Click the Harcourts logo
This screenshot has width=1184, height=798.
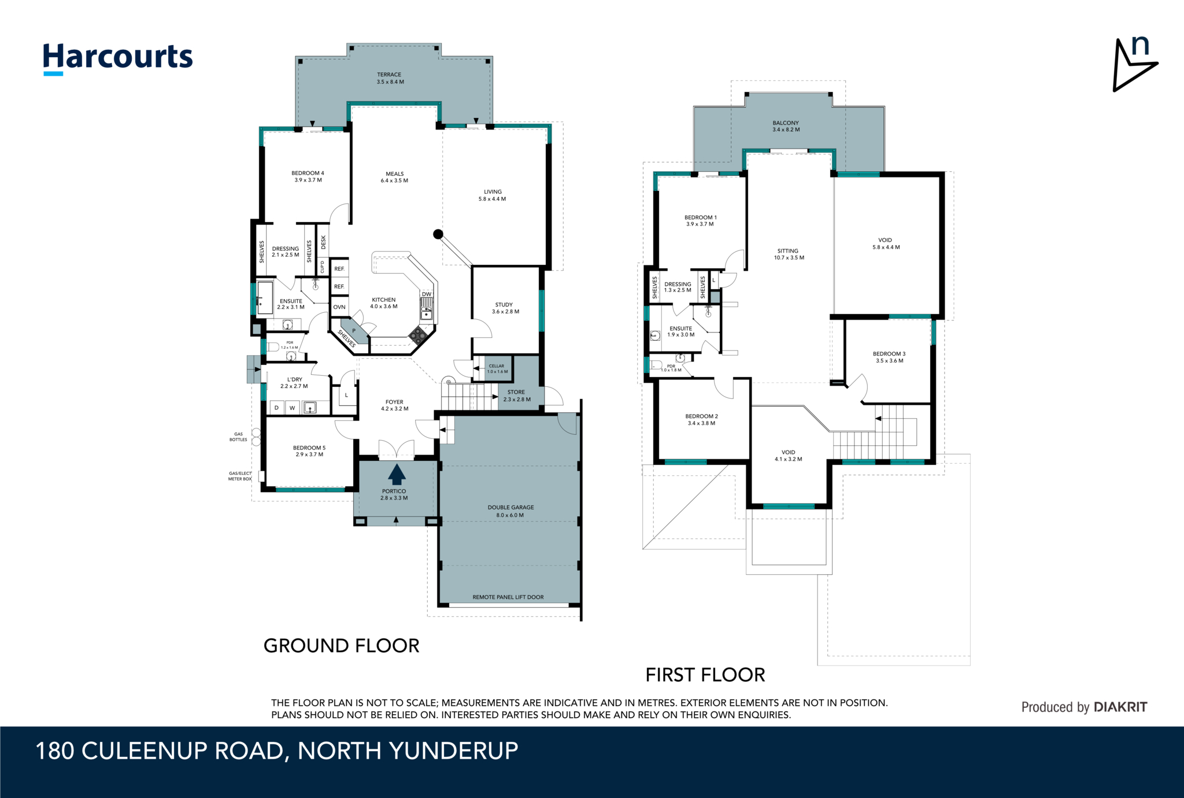pos(118,58)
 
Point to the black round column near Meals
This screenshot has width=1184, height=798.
pos(438,234)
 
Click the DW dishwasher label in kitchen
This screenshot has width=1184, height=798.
pos(427,294)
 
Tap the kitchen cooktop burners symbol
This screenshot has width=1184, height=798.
pos(418,335)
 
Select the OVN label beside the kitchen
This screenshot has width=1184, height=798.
pos(339,307)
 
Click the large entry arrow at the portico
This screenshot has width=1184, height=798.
pos(397,474)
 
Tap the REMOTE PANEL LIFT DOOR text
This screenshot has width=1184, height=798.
pos(508,597)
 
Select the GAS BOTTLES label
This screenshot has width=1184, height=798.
pos(238,437)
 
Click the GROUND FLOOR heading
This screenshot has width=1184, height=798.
pos(341,646)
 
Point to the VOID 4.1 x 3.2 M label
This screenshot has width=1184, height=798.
pos(789,456)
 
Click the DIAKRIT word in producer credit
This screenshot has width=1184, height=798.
pos(1120,707)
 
